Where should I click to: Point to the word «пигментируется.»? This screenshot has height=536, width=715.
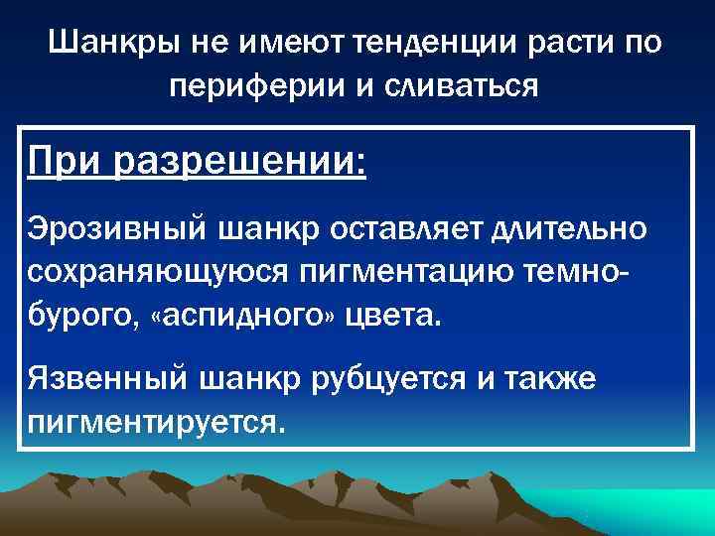pos(157,422)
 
